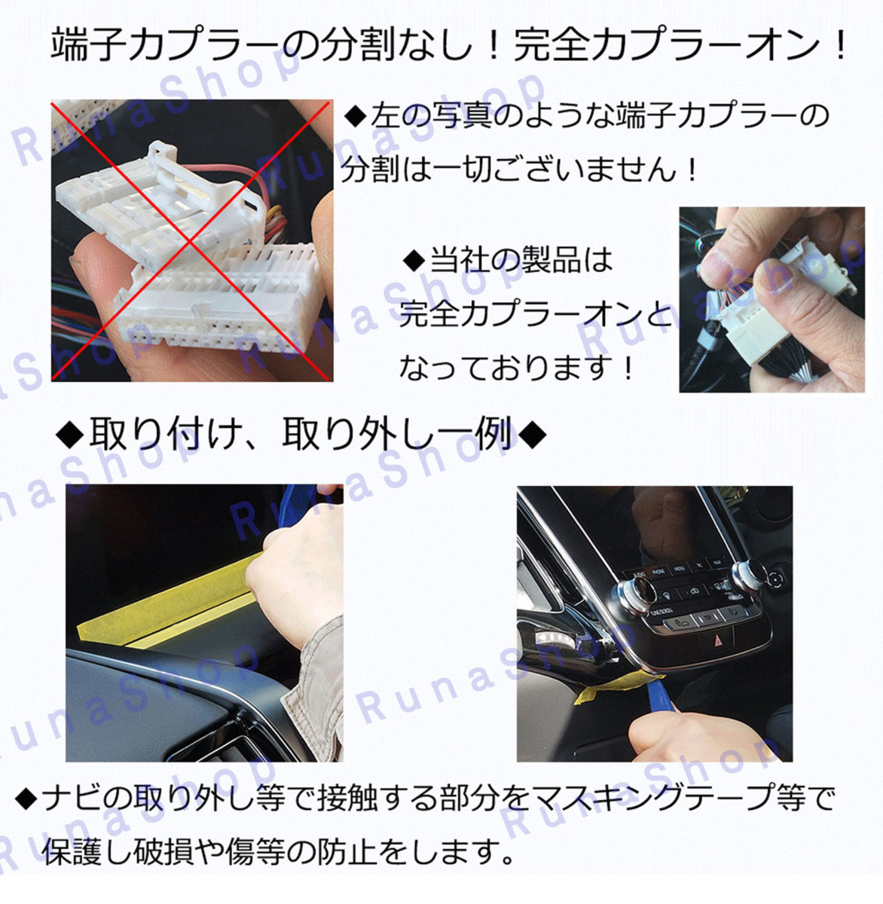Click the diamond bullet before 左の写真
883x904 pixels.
coord(356,117)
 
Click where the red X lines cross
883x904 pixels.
coord(191,241)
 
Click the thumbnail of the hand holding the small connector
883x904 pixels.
coord(771,300)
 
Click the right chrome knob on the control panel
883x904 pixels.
coord(749,575)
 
